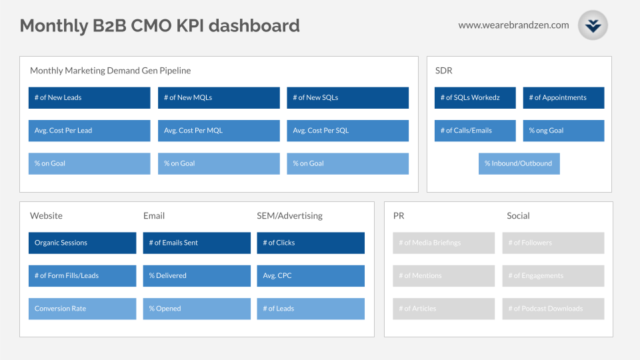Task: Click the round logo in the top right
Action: [x=593, y=25]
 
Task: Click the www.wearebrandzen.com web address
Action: [x=513, y=25]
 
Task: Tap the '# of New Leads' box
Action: [x=89, y=97]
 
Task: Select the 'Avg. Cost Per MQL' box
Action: [x=219, y=131]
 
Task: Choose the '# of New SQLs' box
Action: [x=347, y=97]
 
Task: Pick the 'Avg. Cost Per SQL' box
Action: [x=347, y=131]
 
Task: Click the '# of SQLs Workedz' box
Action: [x=475, y=97]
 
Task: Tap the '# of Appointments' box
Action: [x=563, y=97]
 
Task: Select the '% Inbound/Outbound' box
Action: [x=519, y=163]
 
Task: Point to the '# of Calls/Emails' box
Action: [x=475, y=131]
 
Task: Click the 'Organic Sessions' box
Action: [x=82, y=243]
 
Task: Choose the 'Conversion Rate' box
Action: [x=82, y=309]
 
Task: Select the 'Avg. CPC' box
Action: [x=311, y=275]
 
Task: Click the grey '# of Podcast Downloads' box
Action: [x=553, y=309]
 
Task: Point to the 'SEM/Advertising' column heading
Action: [x=289, y=216]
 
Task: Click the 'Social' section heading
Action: [x=518, y=216]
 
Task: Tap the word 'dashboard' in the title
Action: [x=257, y=26]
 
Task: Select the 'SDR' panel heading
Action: [x=443, y=71]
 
